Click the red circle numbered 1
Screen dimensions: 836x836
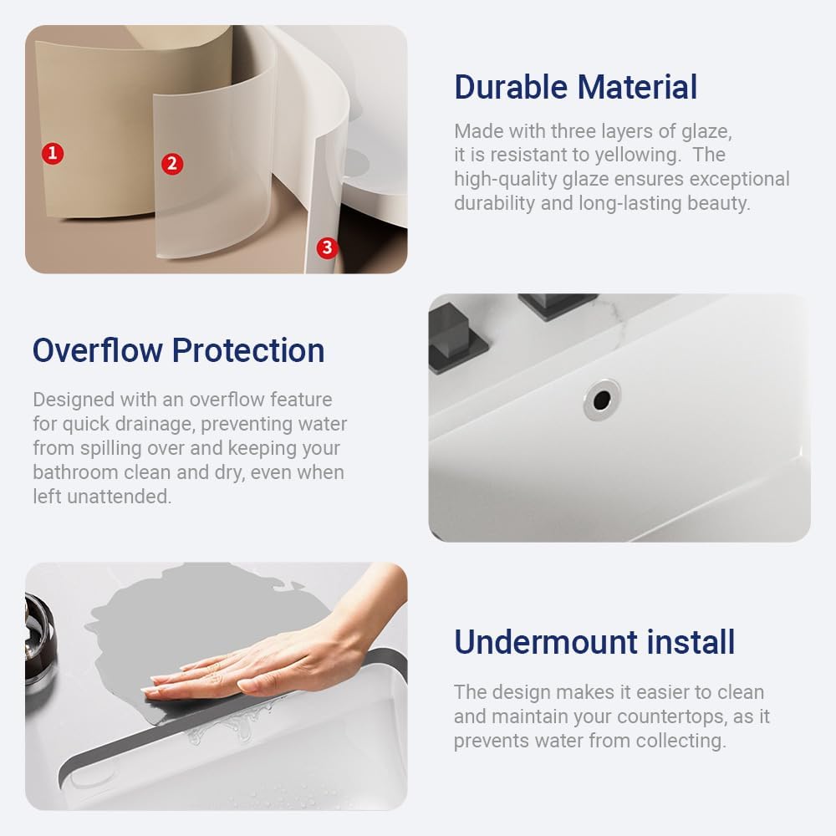click(53, 153)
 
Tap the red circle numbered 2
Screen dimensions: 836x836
click(172, 163)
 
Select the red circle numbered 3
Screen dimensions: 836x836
click(326, 247)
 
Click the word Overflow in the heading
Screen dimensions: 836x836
click(97, 350)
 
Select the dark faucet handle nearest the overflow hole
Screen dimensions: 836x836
click(556, 305)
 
